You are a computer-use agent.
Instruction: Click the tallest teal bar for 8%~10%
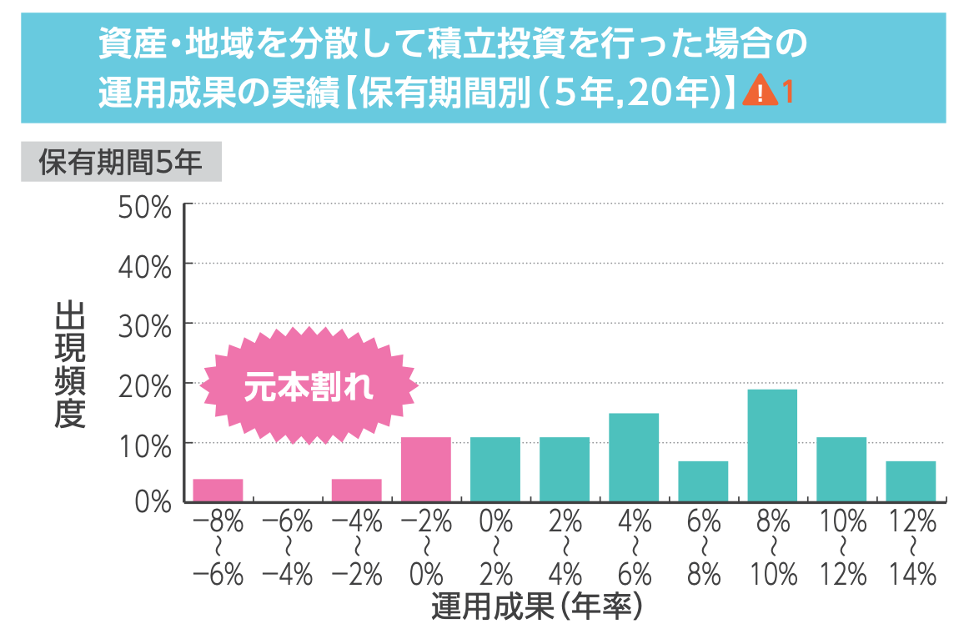(x=772, y=445)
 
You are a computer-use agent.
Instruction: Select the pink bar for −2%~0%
(x=426, y=469)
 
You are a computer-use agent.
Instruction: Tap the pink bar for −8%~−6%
(x=218, y=491)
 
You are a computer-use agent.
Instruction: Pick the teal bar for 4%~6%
(x=634, y=457)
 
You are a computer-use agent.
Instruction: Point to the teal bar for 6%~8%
(x=703, y=481)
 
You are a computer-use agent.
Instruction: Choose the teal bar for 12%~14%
(x=911, y=481)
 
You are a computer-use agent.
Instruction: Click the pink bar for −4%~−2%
(x=357, y=491)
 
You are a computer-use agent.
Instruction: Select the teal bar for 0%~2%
(x=495, y=469)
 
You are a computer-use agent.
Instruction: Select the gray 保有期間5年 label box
(x=121, y=163)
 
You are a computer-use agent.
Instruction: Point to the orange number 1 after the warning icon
(x=787, y=90)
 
